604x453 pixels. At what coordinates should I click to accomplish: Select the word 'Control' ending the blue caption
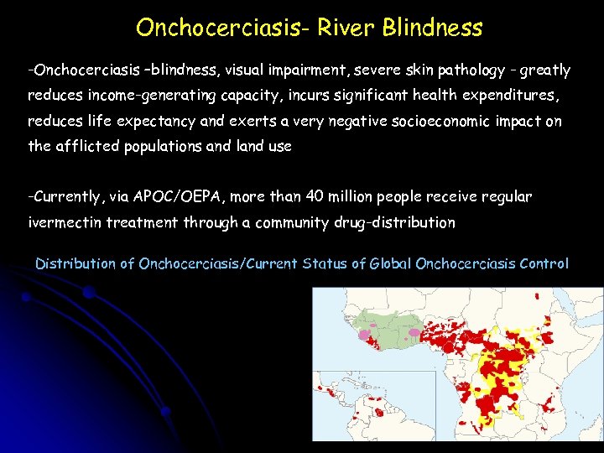point(544,263)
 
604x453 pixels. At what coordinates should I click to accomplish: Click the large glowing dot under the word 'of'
point(88,293)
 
